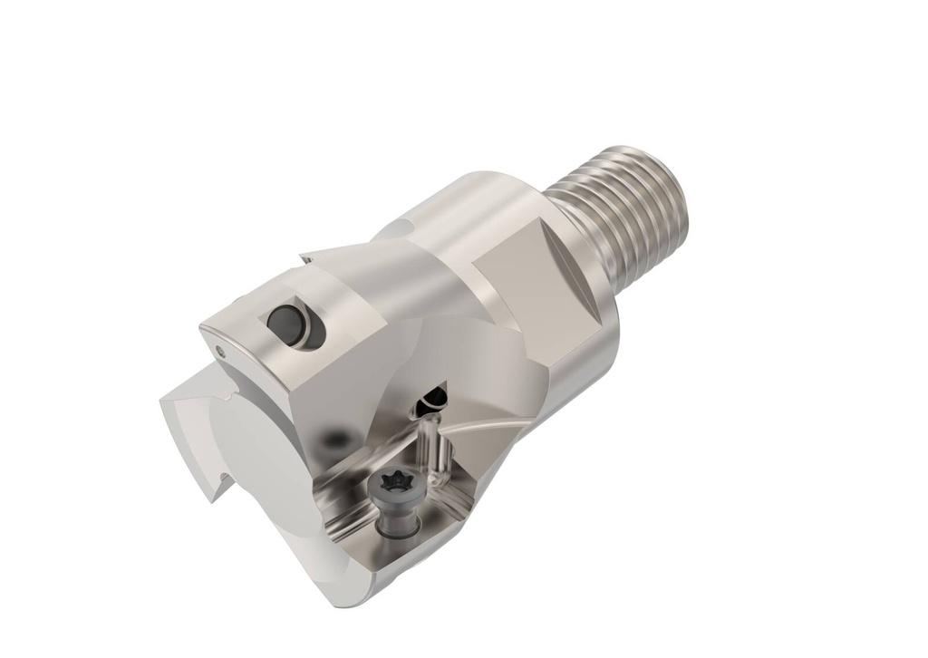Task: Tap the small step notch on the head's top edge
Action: click(x=308, y=259)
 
